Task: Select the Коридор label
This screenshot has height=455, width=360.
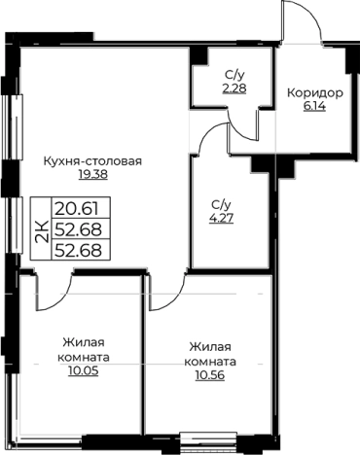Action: click(314, 93)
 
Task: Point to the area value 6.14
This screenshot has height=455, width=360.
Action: click(314, 107)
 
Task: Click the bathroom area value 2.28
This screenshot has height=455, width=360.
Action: click(233, 87)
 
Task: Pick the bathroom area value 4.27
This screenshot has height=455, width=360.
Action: click(220, 220)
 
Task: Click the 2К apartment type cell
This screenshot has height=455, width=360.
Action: click(42, 230)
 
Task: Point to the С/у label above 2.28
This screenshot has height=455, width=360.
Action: click(233, 74)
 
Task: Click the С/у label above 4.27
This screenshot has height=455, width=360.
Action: click(220, 205)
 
